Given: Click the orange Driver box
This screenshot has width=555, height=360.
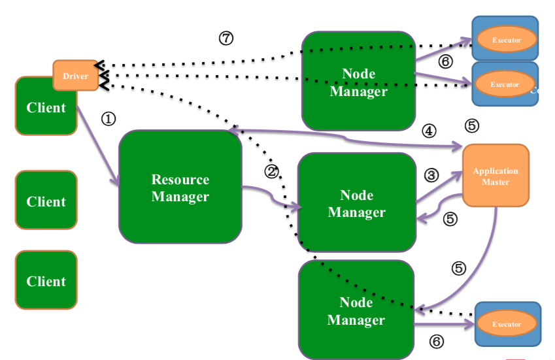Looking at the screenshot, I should click(75, 76).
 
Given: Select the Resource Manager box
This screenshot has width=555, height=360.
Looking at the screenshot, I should click(180, 188).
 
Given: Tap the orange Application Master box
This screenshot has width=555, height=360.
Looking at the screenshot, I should click(496, 175).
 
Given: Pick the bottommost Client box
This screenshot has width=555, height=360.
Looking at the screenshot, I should click(46, 281).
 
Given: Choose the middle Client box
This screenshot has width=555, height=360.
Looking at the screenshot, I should click(46, 201).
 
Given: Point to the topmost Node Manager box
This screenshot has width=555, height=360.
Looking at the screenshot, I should click(358, 82).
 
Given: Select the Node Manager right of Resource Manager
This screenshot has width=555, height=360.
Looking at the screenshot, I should click(356, 203).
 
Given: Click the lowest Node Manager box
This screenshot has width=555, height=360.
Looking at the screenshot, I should click(356, 311).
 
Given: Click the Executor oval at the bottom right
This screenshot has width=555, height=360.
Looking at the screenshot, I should click(507, 324).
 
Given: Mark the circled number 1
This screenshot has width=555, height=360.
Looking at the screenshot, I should click(109, 119).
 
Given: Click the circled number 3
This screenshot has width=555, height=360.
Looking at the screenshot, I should click(431, 175).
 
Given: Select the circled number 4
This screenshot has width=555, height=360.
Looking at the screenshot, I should click(428, 131).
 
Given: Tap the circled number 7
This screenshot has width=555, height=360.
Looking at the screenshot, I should click(226, 39).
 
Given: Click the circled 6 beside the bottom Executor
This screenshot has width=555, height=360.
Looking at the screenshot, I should click(437, 341).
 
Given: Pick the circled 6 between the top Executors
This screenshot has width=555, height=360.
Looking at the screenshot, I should click(445, 62).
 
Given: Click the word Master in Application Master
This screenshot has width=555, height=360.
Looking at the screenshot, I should click(496, 182).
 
